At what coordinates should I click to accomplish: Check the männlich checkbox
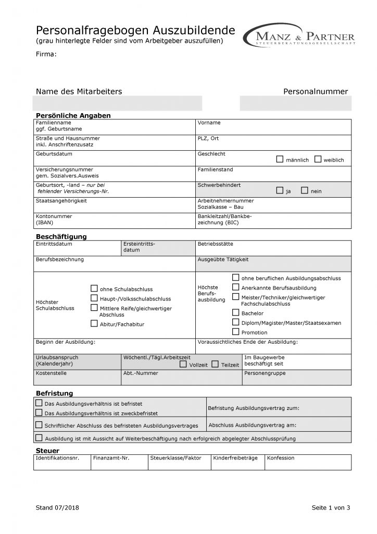(280, 159)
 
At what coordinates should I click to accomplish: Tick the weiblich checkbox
(318, 159)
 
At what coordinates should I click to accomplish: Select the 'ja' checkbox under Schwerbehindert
(280, 190)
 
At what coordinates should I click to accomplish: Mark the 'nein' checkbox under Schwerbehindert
(305, 190)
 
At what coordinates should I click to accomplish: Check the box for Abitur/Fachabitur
(94, 323)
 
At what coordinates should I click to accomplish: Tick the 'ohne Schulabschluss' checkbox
(94, 288)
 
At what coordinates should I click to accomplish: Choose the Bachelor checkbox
(236, 312)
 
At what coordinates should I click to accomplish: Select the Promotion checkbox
(236, 332)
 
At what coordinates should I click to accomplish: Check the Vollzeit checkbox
(183, 364)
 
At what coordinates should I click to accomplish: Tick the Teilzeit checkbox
(215, 364)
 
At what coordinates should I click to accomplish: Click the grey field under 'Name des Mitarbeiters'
(117, 103)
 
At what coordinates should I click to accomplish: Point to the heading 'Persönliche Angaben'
(73, 115)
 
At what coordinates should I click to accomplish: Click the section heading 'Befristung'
(54, 393)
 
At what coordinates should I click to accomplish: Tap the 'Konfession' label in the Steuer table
(281, 458)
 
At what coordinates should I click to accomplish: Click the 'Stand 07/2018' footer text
(57, 507)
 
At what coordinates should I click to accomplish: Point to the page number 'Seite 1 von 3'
(331, 507)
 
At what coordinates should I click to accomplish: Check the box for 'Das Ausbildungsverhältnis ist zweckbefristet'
(39, 412)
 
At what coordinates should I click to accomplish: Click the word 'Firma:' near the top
(46, 54)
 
